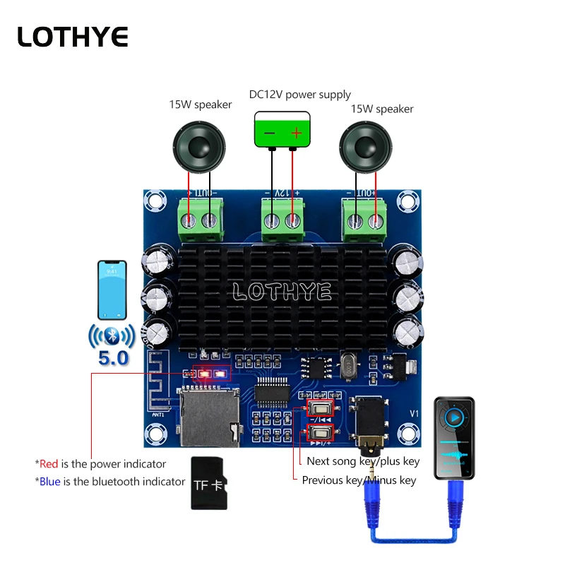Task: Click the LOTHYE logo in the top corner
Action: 73,37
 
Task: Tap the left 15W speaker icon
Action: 200,146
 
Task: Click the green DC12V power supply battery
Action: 282,130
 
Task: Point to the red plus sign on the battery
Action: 297,132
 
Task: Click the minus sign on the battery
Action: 269,132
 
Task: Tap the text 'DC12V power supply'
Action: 300,95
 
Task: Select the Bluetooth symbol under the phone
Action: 112,335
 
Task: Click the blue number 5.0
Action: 113,358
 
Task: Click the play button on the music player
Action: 456,417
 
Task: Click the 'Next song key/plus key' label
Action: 363,461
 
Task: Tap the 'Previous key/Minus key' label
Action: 359,480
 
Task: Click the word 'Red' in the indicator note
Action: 49,464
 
